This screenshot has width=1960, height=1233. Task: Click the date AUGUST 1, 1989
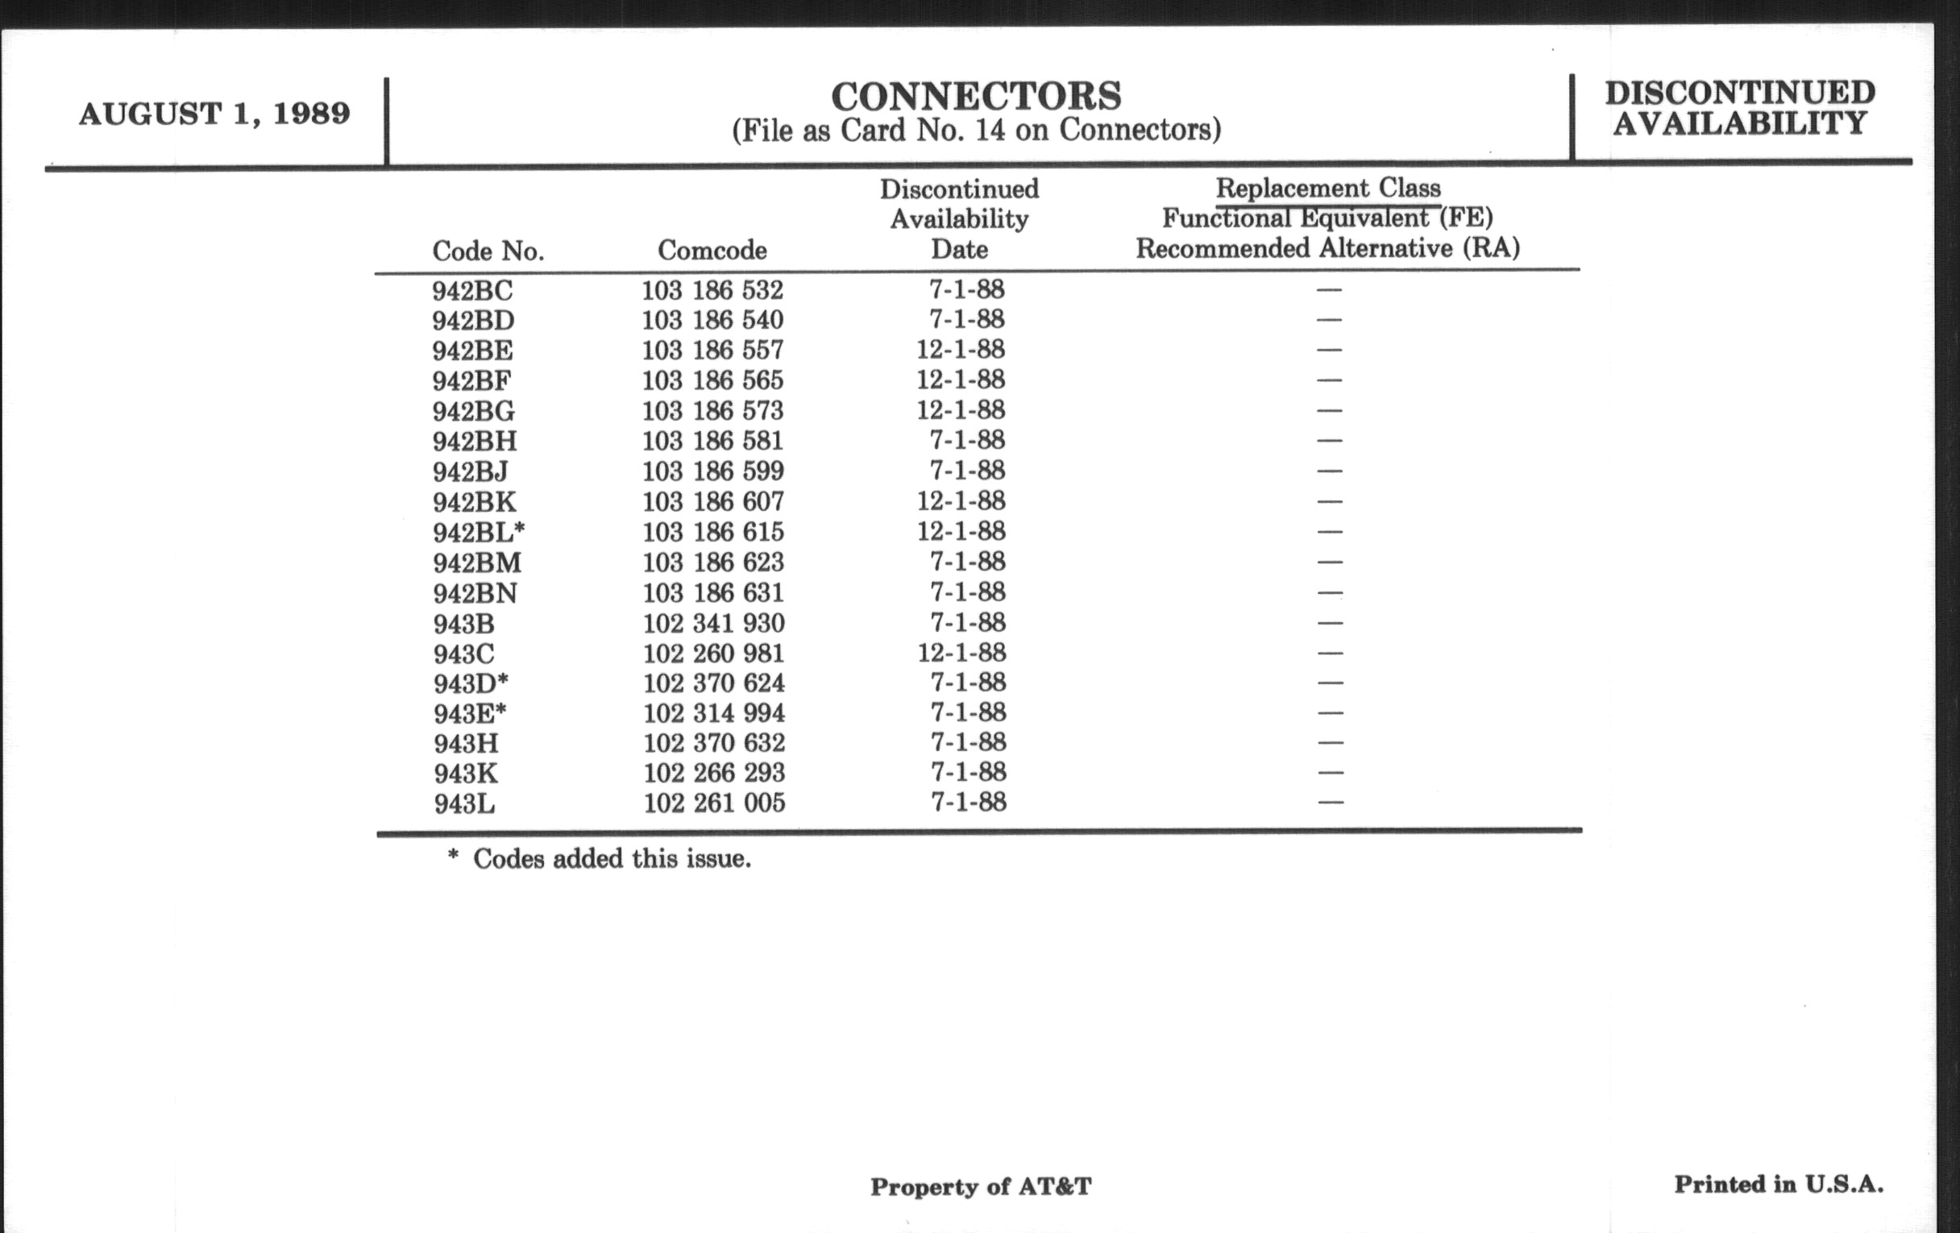coord(214,113)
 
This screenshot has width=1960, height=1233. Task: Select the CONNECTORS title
coord(976,96)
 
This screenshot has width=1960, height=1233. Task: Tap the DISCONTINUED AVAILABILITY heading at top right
coord(1740,107)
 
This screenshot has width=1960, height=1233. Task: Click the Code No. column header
coord(488,251)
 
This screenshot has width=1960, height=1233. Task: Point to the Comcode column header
coord(712,250)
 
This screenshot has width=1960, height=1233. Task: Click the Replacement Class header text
coord(1327,188)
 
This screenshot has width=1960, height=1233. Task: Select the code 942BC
coord(473,291)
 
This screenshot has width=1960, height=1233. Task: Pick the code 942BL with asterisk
coord(479,532)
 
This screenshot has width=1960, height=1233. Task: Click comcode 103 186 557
coord(712,350)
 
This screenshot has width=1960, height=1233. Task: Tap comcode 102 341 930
coord(714,624)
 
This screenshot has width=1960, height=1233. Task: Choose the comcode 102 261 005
coord(714,803)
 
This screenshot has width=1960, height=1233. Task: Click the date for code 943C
coord(961,653)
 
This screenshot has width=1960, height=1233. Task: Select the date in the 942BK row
coord(961,500)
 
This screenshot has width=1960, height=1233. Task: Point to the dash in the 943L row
coord(1330,803)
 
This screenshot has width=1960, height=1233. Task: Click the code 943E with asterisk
coord(470,714)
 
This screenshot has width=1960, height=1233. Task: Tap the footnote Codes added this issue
coord(600,858)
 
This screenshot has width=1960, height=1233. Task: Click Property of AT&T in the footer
coord(980,1186)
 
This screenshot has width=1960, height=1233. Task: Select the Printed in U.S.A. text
coord(1779,1184)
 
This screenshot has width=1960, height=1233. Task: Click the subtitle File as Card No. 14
coord(976,131)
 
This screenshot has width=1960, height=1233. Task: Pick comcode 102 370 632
coord(714,743)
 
